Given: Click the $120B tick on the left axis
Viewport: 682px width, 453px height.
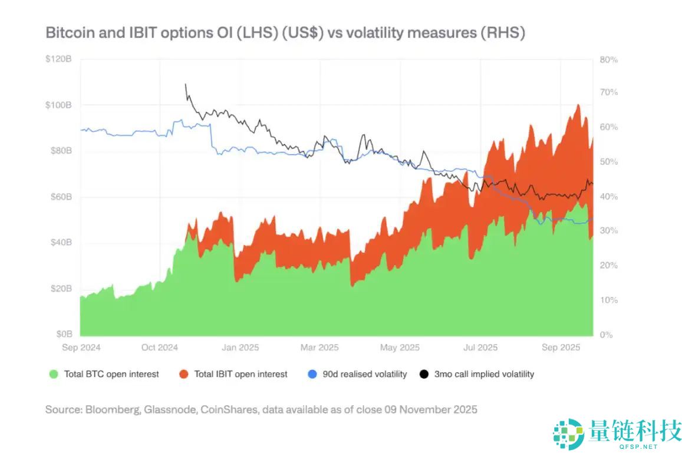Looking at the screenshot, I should point(60,59).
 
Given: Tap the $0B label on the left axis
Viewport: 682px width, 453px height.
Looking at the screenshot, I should point(64,334).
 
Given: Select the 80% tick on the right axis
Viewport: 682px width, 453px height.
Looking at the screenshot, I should point(609,59).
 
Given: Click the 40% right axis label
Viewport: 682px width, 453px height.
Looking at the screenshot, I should point(609,196).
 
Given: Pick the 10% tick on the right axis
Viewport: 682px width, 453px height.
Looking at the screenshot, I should point(609,300).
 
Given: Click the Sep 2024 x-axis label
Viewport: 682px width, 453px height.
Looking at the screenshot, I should point(81,348).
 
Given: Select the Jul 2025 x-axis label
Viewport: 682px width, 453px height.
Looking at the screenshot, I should point(480,348).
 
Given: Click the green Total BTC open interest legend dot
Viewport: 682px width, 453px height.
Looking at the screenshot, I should point(54,374).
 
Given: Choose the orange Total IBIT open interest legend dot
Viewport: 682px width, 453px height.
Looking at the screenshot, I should point(183,374).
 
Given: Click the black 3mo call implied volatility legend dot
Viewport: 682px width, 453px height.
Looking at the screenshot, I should point(424,374).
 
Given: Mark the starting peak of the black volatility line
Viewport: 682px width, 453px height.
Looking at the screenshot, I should point(186,84).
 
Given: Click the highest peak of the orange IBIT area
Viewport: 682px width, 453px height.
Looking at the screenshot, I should point(578,105).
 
